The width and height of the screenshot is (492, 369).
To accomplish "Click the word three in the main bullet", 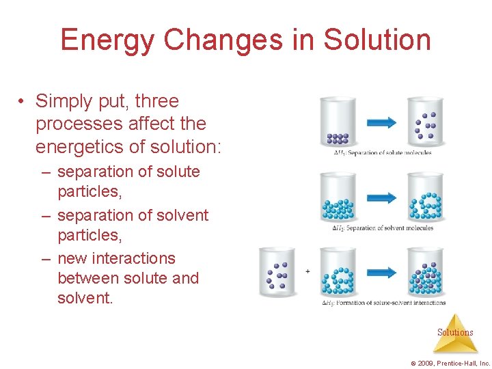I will coord(157,101).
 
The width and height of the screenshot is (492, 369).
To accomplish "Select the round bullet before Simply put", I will coord(23,102).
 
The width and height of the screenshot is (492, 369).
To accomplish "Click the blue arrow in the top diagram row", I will coord(381,122).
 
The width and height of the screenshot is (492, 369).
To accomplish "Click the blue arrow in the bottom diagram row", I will coord(381,271).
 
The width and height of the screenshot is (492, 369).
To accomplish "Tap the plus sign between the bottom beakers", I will coord(307,271).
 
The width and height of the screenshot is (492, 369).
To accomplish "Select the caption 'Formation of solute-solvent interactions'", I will coord(384,303).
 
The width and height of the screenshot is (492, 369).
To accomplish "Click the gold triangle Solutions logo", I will coord(454,333).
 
